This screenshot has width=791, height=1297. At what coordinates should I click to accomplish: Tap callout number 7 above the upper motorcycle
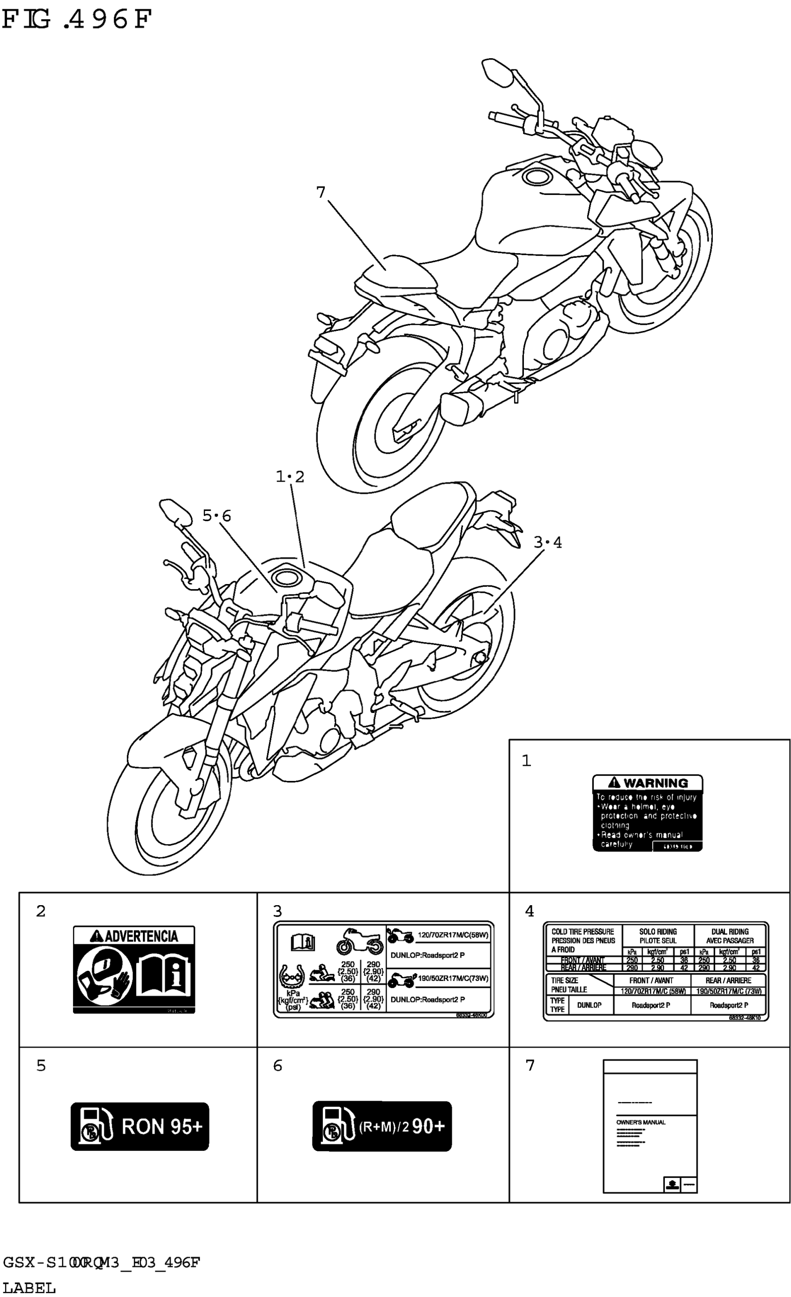click(x=321, y=193)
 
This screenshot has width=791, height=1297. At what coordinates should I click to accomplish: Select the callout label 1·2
click(x=290, y=477)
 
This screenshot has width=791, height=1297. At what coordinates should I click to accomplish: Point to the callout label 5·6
click(x=217, y=516)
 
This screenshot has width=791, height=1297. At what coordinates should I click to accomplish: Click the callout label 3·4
click(x=547, y=542)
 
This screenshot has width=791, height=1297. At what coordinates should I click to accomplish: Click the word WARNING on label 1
click(x=655, y=783)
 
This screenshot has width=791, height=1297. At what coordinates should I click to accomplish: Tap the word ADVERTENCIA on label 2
click(x=141, y=936)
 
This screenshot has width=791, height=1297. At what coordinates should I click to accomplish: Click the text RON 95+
click(x=161, y=1127)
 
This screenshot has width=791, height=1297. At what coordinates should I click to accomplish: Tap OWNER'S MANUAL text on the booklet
click(x=641, y=1122)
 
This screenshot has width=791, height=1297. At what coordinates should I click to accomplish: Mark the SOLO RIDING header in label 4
click(x=658, y=936)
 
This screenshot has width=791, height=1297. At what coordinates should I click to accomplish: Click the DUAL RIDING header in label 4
click(x=730, y=936)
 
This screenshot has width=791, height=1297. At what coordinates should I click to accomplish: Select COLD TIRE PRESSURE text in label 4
click(x=583, y=932)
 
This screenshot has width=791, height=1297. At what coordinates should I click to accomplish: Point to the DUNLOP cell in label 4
click(x=589, y=1005)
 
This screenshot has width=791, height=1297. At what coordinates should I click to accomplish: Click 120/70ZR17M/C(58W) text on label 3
click(x=453, y=935)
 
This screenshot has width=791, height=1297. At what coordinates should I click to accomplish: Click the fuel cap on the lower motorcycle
click(x=288, y=577)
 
